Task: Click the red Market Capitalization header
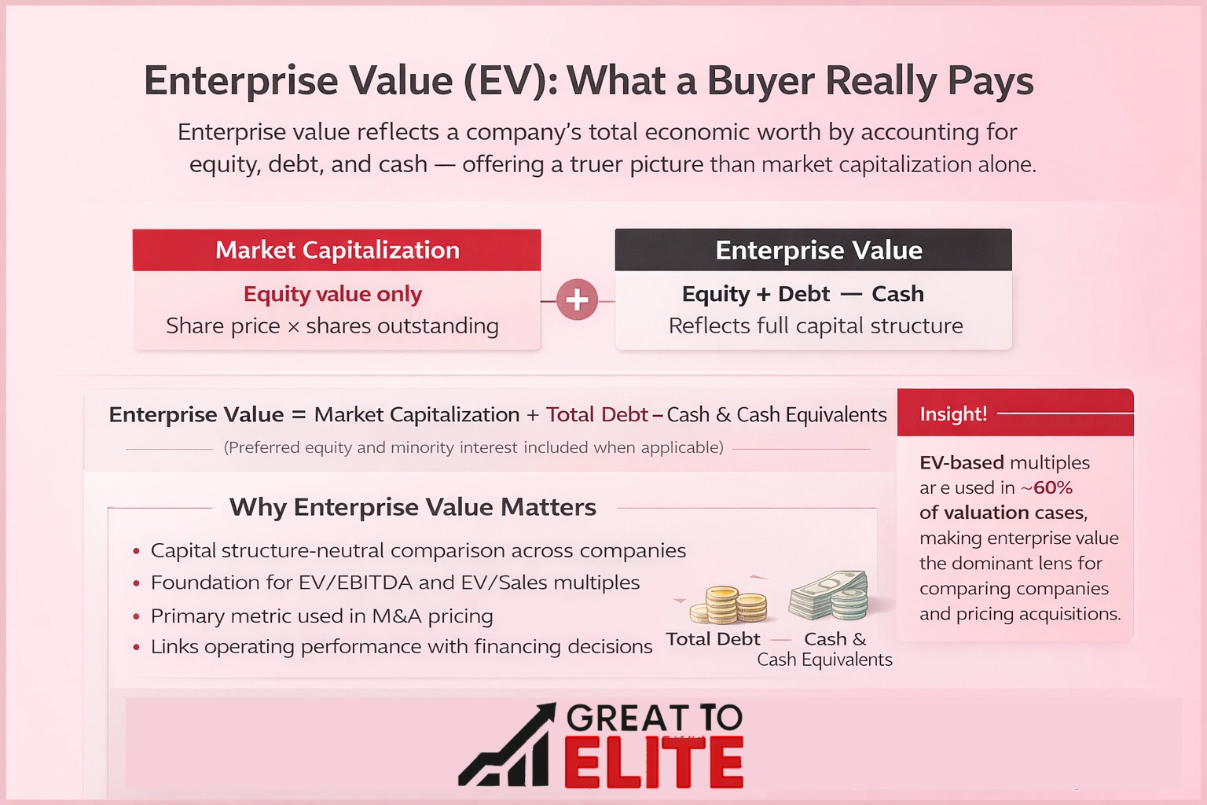pyautogui.click(x=337, y=250)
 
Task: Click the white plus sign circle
pyautogui.click(x=578, y=300)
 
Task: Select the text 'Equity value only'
pyautogui.click(x=332, y=294)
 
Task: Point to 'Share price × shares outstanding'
pyautogui.click(x=332, y=325)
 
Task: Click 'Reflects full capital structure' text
pyautogui.click(x=816, y=325)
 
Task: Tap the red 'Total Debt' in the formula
pyautogui.click(x=597, y=414)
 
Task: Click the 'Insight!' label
pyautogui.click(x=953, y=414)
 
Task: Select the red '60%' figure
pyautogui.click(x=1053, y=487)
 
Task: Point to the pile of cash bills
pyautogui.click(x=830, y=595)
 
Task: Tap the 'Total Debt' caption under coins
pyautogui.click(x=714, y=639)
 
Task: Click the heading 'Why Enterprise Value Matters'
pyautogui.click(x=413, y=507)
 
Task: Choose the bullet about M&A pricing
pyautogui.click(x=322, y=616)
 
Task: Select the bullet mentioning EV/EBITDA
pyautogui.click(x=395, y=583)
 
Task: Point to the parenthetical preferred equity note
pyautogui.click(x=473, y=447)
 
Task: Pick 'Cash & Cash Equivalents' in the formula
pyautogui.click(x=776, y=414)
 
